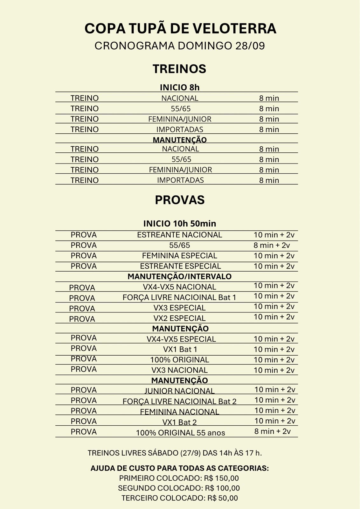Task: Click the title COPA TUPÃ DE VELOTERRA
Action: [180, 29]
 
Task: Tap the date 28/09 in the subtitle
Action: [250, 46]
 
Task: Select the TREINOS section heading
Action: [179, 69]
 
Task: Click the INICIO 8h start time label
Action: [180, 87]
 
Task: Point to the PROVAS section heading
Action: [180, 200]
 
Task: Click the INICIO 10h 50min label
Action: [180, 223]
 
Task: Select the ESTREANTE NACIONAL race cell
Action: [179, 235]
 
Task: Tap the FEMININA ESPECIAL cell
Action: [179, 256]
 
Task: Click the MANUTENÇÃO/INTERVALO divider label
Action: [179, 276]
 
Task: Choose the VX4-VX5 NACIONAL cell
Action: [179, 287]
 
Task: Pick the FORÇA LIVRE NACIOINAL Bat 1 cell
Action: [179, 297]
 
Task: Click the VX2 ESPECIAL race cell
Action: [179, 318]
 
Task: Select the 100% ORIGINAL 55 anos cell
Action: [180, 433]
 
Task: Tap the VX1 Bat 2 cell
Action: [179, 422]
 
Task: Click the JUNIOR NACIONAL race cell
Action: [179, 391]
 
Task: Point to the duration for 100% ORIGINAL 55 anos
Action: [273, 431]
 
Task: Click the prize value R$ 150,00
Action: [221, 478]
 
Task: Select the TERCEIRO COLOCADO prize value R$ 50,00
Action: [223, 498]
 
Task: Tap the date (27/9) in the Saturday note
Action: [190, 453]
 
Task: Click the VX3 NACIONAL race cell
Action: [179, 370]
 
